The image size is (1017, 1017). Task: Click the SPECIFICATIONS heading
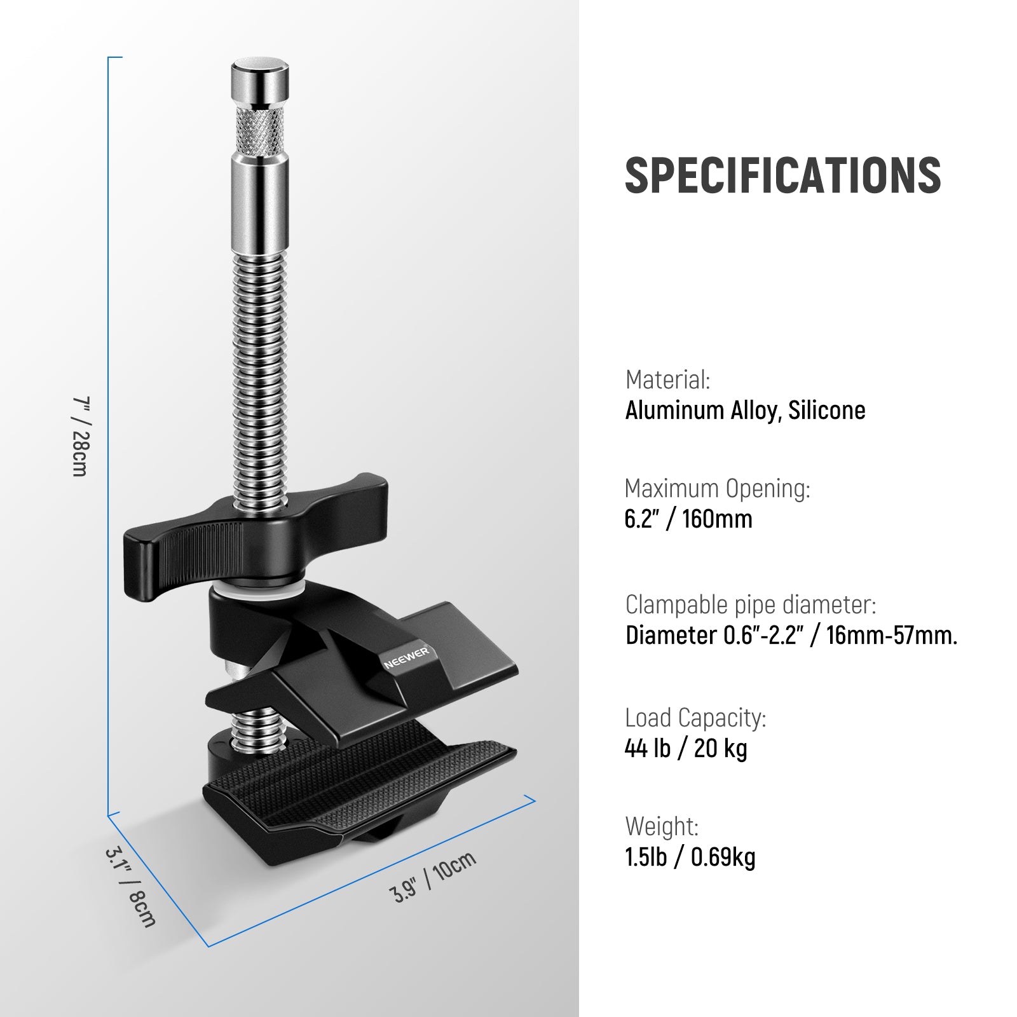[782, 175]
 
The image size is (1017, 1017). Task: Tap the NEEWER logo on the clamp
[407, 659]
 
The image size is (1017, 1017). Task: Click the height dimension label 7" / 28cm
[81, 436]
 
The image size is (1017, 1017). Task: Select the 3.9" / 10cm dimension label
[433, 877]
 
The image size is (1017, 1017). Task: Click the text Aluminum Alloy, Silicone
[745, 411]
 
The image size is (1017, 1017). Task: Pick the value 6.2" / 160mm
[688, 519]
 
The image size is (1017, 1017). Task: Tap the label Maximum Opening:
[718, 488]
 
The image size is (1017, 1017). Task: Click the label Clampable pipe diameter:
[751, 604]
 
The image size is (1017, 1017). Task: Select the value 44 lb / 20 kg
[686, 749]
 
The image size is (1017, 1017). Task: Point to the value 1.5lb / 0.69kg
[690, 857]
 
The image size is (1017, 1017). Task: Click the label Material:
[667, 379]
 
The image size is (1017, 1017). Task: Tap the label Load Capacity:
[695, 718]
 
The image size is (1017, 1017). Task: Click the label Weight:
[662, 826]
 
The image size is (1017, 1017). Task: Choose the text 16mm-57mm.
[891, 635]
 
